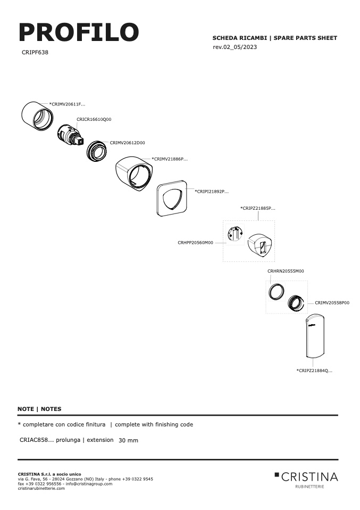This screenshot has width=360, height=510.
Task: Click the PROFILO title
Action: pos(79,32)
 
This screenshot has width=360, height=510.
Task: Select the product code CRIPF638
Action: pos(35,52)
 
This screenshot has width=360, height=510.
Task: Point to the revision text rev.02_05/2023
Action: pos(235,47)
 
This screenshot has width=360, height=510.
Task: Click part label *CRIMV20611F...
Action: pos(67,104)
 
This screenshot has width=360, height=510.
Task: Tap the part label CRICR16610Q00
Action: pos(94,119)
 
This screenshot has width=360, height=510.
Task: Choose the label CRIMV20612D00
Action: pos(128,143)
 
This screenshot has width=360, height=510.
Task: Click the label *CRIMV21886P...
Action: pos(170,159)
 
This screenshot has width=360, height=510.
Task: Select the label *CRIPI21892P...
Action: pos(212,192)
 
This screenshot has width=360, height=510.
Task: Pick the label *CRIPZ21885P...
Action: pos(258,208)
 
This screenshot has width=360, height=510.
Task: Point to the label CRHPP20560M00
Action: pos(196,243)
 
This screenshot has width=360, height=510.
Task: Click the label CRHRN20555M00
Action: pos(286,271)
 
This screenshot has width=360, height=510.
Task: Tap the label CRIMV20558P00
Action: pos(332,303)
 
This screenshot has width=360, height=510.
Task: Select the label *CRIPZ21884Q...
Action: pos(314,371)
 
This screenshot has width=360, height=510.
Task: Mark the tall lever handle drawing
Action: pos(315,335)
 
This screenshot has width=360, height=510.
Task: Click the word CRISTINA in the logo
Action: pos(309,477)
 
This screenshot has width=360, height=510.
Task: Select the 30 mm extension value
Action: pos(128,440)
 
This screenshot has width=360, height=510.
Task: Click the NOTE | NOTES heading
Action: pos(39,409)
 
